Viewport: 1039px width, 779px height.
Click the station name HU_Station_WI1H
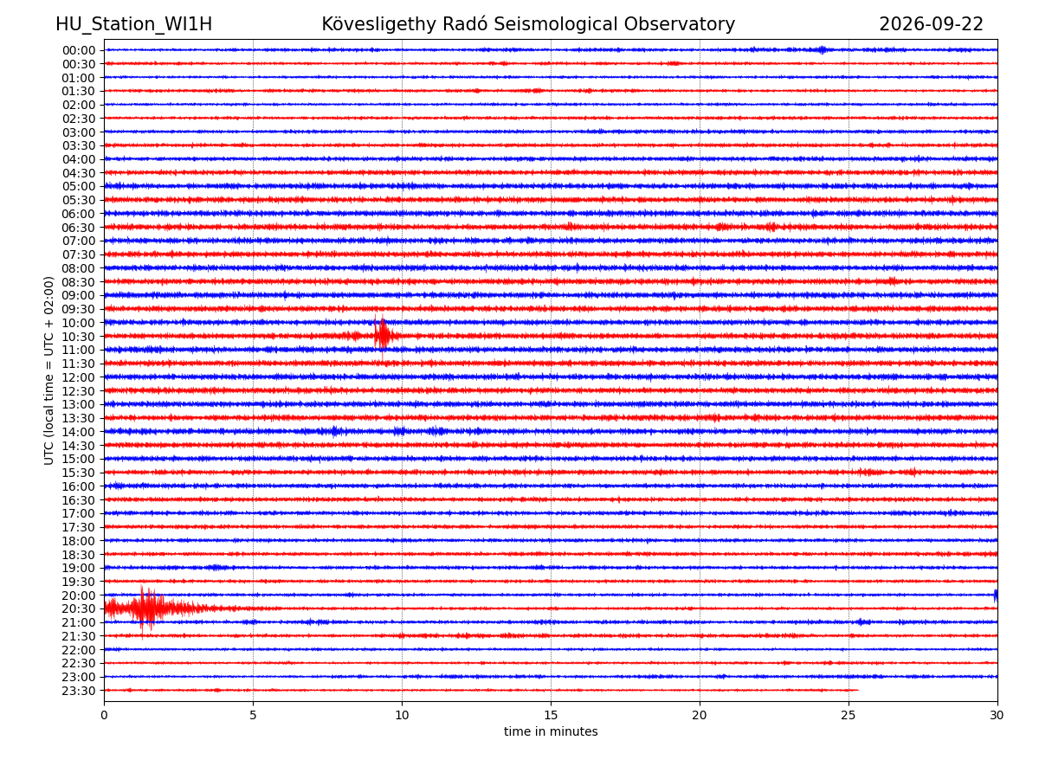coord(133,24)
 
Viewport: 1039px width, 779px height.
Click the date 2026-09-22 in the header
coord(931,24)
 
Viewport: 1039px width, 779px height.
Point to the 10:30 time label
coord(78,337)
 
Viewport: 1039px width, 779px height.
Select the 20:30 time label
coord(78,608)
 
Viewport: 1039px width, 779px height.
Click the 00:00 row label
coord(78,50)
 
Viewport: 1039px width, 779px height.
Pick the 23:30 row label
coord(78,691)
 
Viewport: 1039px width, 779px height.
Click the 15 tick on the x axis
coord(551,715)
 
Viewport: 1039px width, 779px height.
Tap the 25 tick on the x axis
coord(849,715)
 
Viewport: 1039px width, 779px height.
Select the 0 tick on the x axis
coord(104,715)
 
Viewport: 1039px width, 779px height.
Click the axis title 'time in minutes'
coord(551,731)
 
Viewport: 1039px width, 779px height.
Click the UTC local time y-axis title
coord(48,370)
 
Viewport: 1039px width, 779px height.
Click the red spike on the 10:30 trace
coord(382,336)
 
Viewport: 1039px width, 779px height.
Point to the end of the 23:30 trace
coord(858,690)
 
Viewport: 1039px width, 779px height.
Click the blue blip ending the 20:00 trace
coord(996,596)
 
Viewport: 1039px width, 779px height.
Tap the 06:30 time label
coord(78,228)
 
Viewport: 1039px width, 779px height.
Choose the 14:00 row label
coord(78,432)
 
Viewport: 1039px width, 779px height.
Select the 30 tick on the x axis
coord(997,715)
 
